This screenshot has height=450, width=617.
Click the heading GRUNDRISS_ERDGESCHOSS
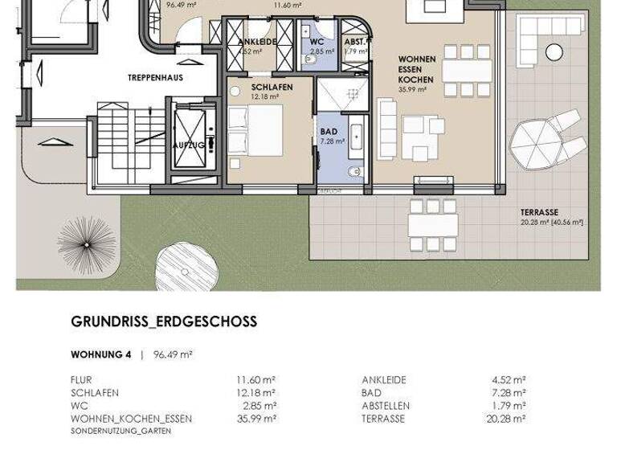click(x=164, y=321)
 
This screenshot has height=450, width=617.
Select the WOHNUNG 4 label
click(x=100, y=354)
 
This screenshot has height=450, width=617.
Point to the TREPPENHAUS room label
click(x=154, y=78)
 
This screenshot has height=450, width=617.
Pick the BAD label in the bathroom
click(x=329, y=131)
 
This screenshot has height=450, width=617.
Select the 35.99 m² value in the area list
click(x=258, y=419)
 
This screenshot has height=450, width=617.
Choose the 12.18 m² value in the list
click(x=258, y=393)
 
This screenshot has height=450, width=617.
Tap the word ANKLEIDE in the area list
click(x=384, y=380)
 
